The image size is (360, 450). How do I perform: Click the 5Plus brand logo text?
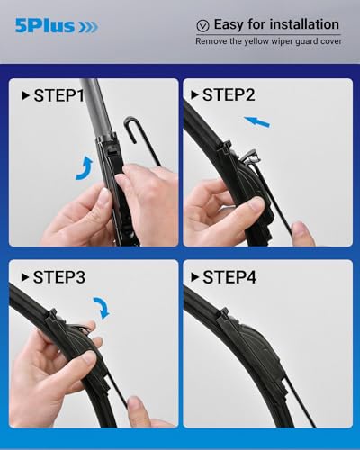pyautogui.click(x=44, y=27)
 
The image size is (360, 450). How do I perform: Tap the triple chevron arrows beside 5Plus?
pyautogui.click(x=88, y=27)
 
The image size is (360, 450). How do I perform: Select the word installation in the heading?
pyautogui.click(x=299, y=24)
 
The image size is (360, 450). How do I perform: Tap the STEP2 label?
pyautogui.click(x=229, y=95)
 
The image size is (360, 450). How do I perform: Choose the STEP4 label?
pyautogui.click(x=229, y=278)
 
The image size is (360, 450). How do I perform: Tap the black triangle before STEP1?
pyautogui.click(x=23, y=95)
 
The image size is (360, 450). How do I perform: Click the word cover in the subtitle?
pyautogui.click(x=328, y=42)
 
